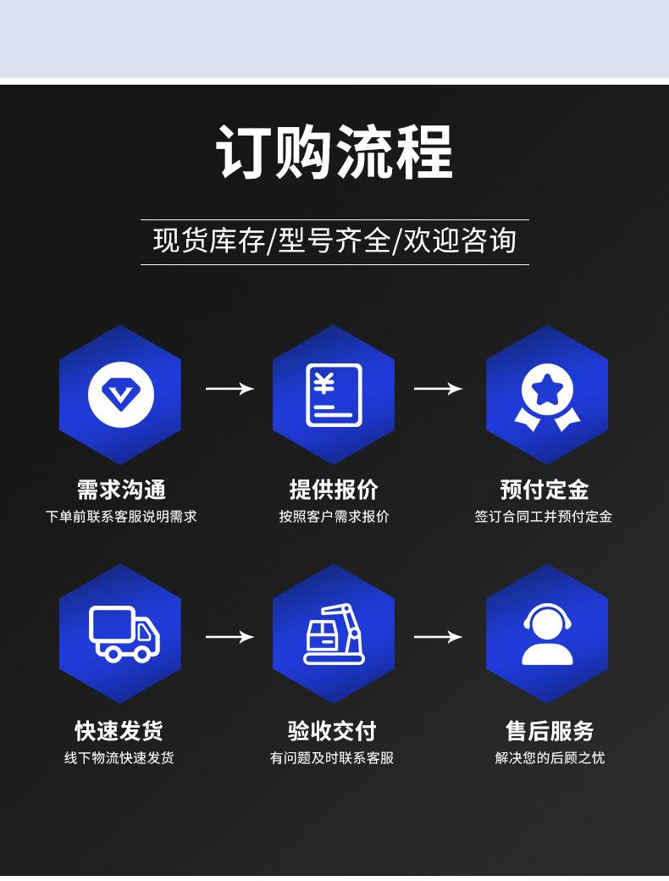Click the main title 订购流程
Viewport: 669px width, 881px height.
(334, 152)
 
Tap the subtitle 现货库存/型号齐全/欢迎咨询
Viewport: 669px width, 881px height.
(334, 241)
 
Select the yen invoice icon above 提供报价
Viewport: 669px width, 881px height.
(334, 394)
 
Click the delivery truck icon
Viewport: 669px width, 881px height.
(124, 634)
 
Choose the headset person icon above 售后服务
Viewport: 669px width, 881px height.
(547, 634)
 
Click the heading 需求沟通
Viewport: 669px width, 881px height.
(121, 490)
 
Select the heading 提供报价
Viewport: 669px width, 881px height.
(334, 490)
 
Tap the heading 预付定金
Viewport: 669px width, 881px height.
(545, 490)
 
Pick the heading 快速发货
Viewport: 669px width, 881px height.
(119, 730)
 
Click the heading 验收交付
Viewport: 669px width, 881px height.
(332, 730)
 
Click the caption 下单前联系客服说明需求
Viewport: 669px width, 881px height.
(121, 516)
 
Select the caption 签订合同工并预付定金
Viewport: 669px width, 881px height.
(544, 516)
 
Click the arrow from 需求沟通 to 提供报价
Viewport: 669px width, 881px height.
(229, 389)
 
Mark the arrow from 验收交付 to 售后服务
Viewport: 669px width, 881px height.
(438, 636)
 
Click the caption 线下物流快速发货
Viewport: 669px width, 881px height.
(119, 757)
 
